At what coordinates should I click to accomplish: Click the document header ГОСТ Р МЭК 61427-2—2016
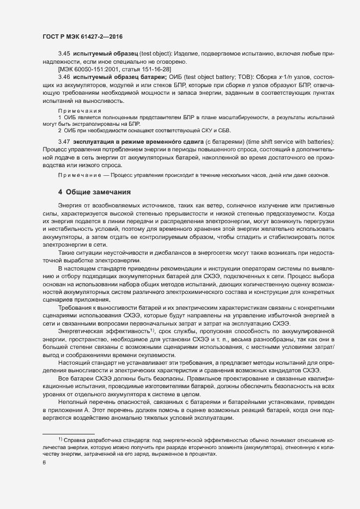(82, 36)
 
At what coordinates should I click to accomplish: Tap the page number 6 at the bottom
(44, 464)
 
